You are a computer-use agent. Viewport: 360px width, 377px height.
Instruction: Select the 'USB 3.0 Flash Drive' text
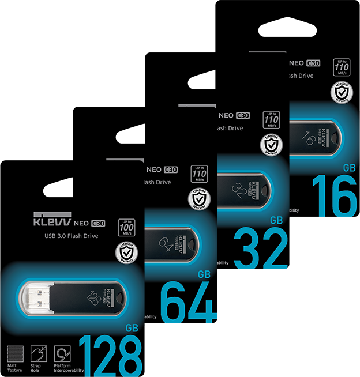(x=72, y=236)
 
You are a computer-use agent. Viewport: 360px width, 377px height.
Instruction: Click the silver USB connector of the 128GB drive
(x=36, y=297)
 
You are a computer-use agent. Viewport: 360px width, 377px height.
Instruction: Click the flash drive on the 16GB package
(x=315, y=138)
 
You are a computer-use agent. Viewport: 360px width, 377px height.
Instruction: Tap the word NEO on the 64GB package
(x=154, y=169)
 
